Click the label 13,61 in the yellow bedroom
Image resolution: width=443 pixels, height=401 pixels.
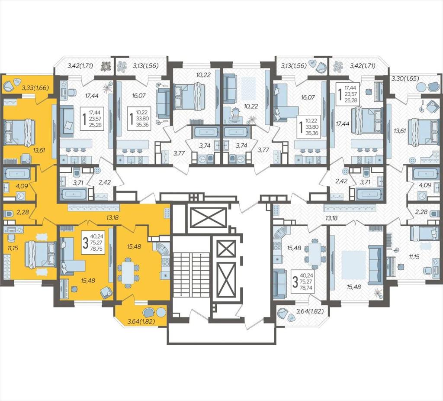click(x=39, y=150)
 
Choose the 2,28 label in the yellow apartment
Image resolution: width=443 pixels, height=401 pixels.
click(x=22, y=211)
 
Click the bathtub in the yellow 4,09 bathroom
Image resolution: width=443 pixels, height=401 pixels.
click(x=17, y=173)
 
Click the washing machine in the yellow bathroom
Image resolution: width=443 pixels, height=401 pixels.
click(x=20, y=196)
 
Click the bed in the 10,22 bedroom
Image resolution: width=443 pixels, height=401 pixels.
click(x=187, y=96)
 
